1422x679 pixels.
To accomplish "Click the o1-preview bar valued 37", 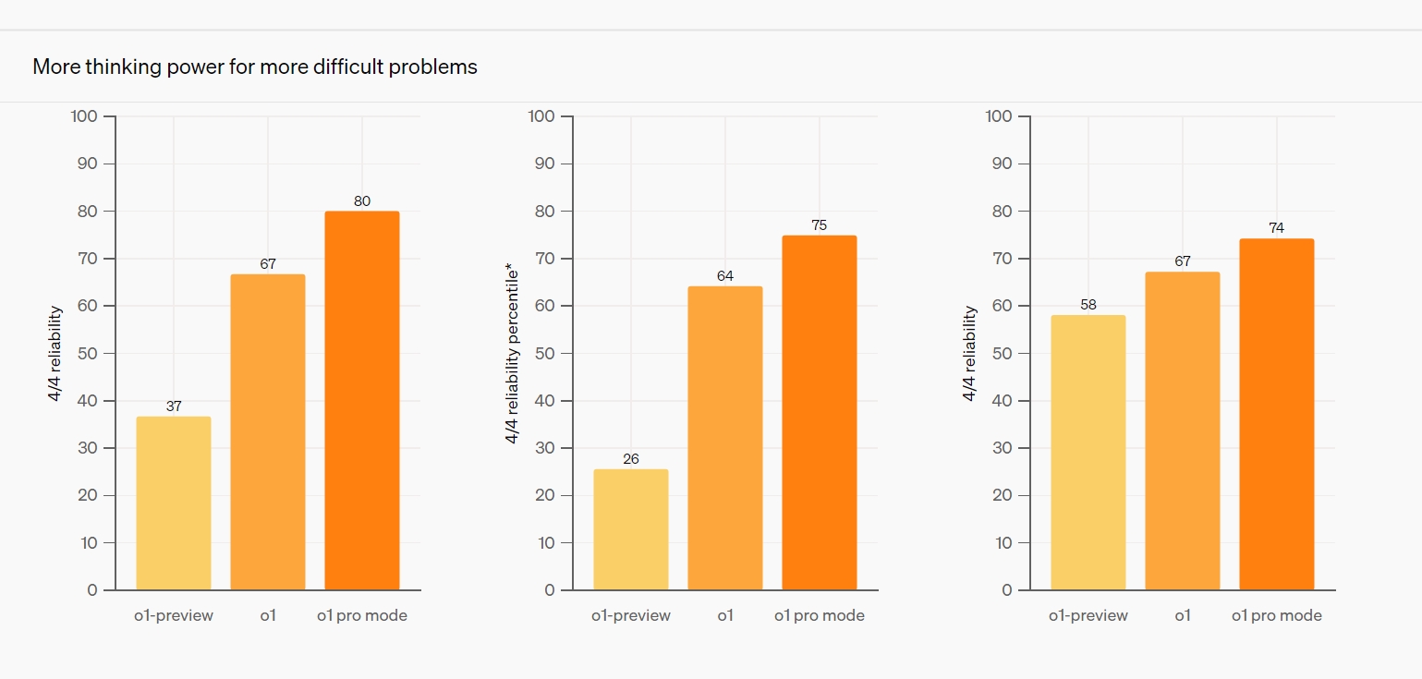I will [x=174, y=503].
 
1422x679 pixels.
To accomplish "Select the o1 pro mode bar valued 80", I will [x=362, y=401].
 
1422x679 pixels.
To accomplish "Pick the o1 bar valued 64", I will [x=725, y=438].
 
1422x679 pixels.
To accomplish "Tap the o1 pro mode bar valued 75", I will [x=820, y=413].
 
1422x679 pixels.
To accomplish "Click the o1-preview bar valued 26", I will [x=631, y=529].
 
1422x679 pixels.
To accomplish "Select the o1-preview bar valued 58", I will [x=1088, y=453].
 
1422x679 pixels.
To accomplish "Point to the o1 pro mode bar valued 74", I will [x=1277, y=414].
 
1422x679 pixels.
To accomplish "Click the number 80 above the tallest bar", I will [x=362, y=200].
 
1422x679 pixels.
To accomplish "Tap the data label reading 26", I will [x=631, y=458].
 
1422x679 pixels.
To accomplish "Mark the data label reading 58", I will [x=1088, y=305].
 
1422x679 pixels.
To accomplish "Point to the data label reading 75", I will [x=820, y=224].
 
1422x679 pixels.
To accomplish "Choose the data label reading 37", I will [x=174, y=406].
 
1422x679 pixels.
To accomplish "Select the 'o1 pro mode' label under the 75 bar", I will [x=820, y=615].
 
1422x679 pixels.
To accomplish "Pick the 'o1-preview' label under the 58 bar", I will [x=1088, y=615].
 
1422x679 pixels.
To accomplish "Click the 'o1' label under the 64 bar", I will [x=725, y=615].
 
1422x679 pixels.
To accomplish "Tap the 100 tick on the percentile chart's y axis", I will [x=541, y=116].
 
